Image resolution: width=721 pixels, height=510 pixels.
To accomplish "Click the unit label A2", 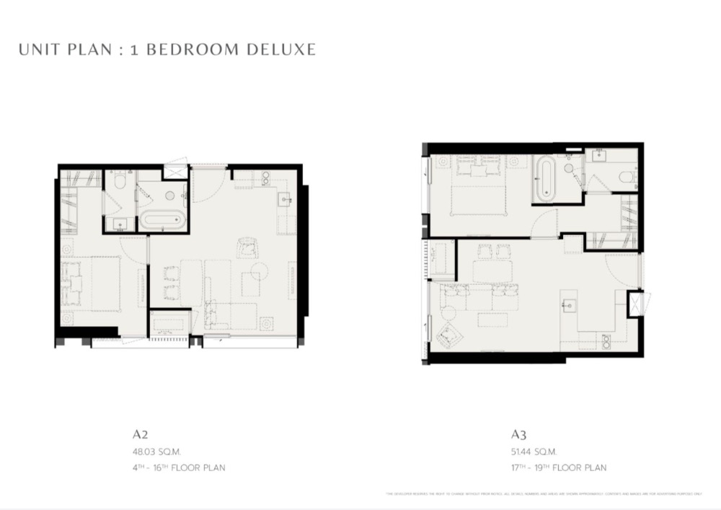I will point(140,434).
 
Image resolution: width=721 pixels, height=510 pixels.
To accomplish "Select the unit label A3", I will point(519,434).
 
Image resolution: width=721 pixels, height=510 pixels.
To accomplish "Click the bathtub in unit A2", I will point(162,219).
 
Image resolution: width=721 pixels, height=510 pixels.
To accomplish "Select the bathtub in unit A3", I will point(545,180).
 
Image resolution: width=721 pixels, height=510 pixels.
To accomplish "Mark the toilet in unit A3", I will point(626,177).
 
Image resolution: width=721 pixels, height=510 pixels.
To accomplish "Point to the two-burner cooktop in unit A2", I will point(265,177).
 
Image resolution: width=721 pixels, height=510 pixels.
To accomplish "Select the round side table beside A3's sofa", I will point(448,312).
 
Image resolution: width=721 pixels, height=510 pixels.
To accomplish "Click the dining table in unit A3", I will point(493,271).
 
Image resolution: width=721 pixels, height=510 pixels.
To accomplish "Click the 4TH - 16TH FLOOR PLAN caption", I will point(179,467).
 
